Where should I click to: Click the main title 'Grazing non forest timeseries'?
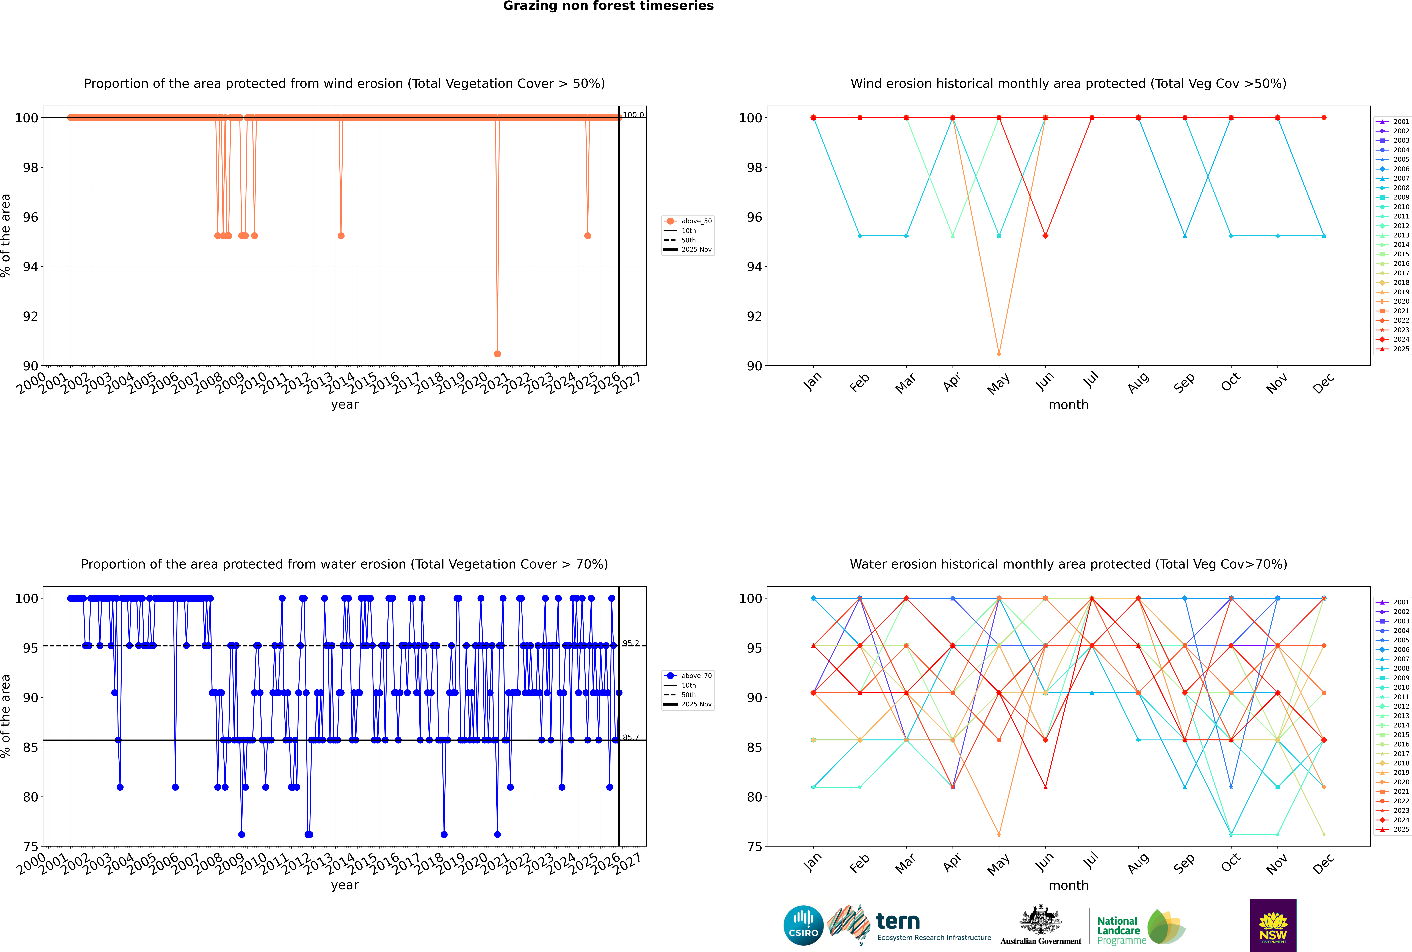608,6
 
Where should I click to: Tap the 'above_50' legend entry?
696,221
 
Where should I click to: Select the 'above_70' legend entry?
696,676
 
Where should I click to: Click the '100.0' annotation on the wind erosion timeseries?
633,115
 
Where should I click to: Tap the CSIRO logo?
803,926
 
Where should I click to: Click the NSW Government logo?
1273,925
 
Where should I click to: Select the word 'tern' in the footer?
898,922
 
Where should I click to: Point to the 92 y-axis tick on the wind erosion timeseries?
30,316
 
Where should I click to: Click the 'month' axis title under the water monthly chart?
1068,885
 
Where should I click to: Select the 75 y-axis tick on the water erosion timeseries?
30,846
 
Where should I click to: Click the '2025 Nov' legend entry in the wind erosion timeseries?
696,250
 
